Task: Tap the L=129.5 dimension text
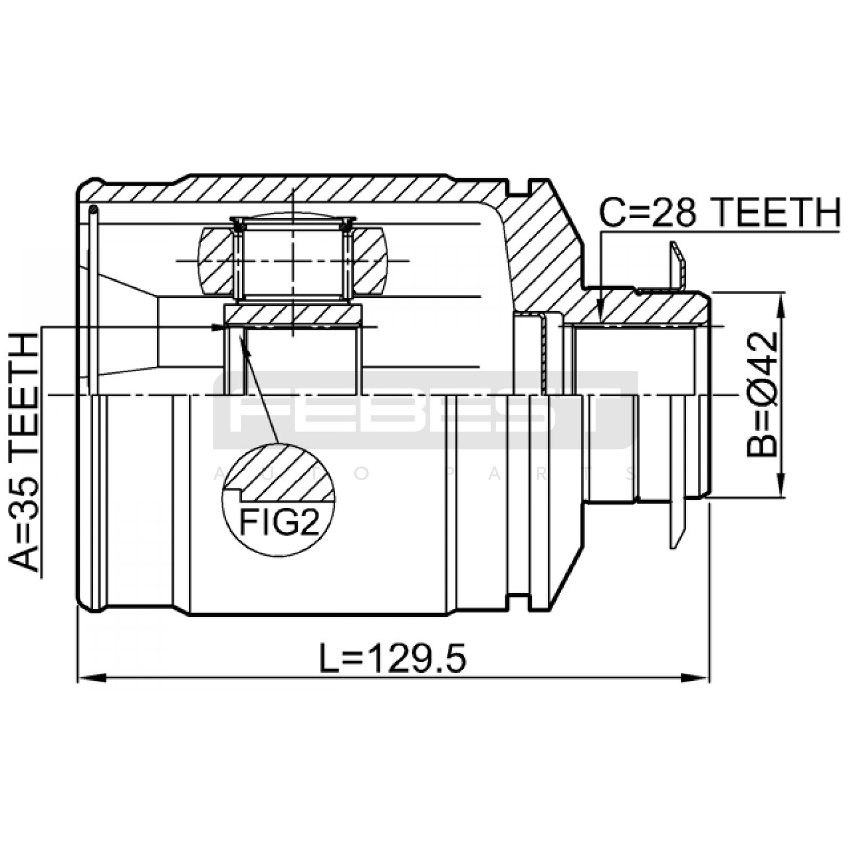point(393,657)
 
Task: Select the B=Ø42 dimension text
point(762,395)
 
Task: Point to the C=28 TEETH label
point(720,212)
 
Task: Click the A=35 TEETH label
point(24,452)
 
